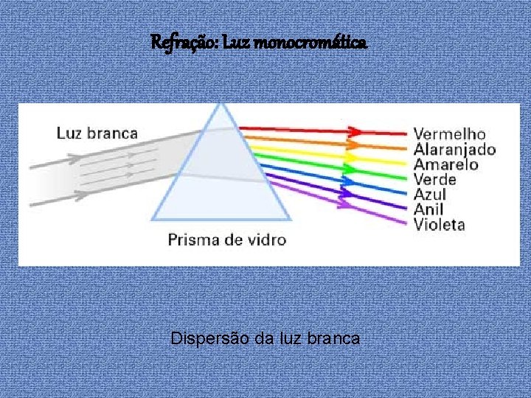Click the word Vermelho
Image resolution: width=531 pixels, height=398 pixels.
tap(449, 134)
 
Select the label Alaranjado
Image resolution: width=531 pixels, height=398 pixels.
tap(454, 150)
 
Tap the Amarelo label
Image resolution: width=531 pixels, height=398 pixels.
tap(446, 164)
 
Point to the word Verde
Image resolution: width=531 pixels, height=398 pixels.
tap(435, 179)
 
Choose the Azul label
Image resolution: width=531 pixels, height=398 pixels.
tap(430, 195)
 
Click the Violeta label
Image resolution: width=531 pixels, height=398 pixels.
tap(440, 224)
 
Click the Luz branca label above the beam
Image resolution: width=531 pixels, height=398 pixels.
tap(97, 133)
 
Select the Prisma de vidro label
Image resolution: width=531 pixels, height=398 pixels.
tap(226, 240)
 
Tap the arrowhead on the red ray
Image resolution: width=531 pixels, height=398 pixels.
tap(355, 132)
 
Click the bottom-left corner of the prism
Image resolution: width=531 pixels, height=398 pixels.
tap(152, 220)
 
